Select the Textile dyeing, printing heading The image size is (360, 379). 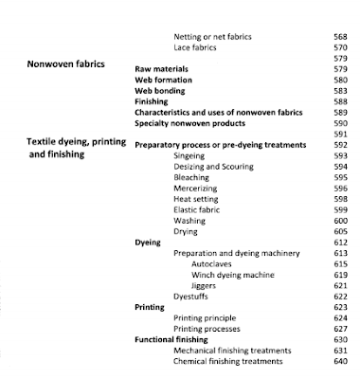click(85, 141)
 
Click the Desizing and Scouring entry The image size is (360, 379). click(215, 166)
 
